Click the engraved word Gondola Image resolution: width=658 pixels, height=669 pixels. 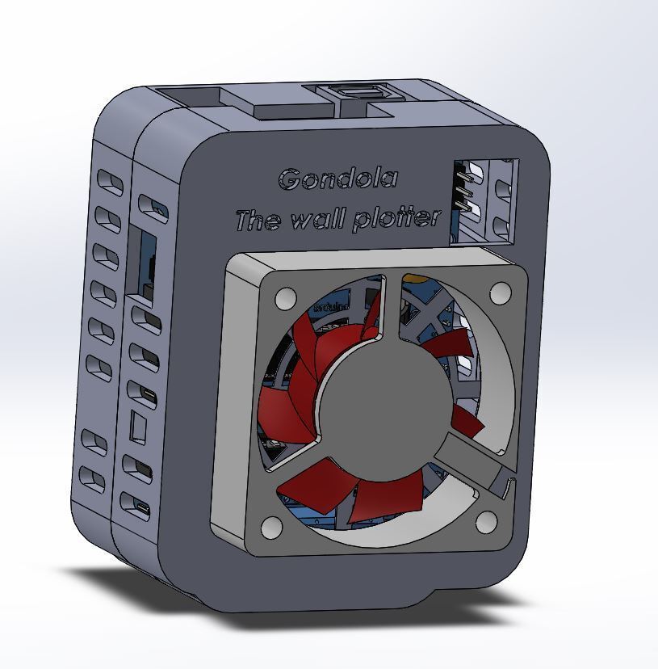337,179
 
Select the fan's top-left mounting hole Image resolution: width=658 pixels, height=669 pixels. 285,300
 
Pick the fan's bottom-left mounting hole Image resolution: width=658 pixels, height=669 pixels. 272,528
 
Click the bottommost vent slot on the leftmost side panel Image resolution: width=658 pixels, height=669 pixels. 94,478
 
